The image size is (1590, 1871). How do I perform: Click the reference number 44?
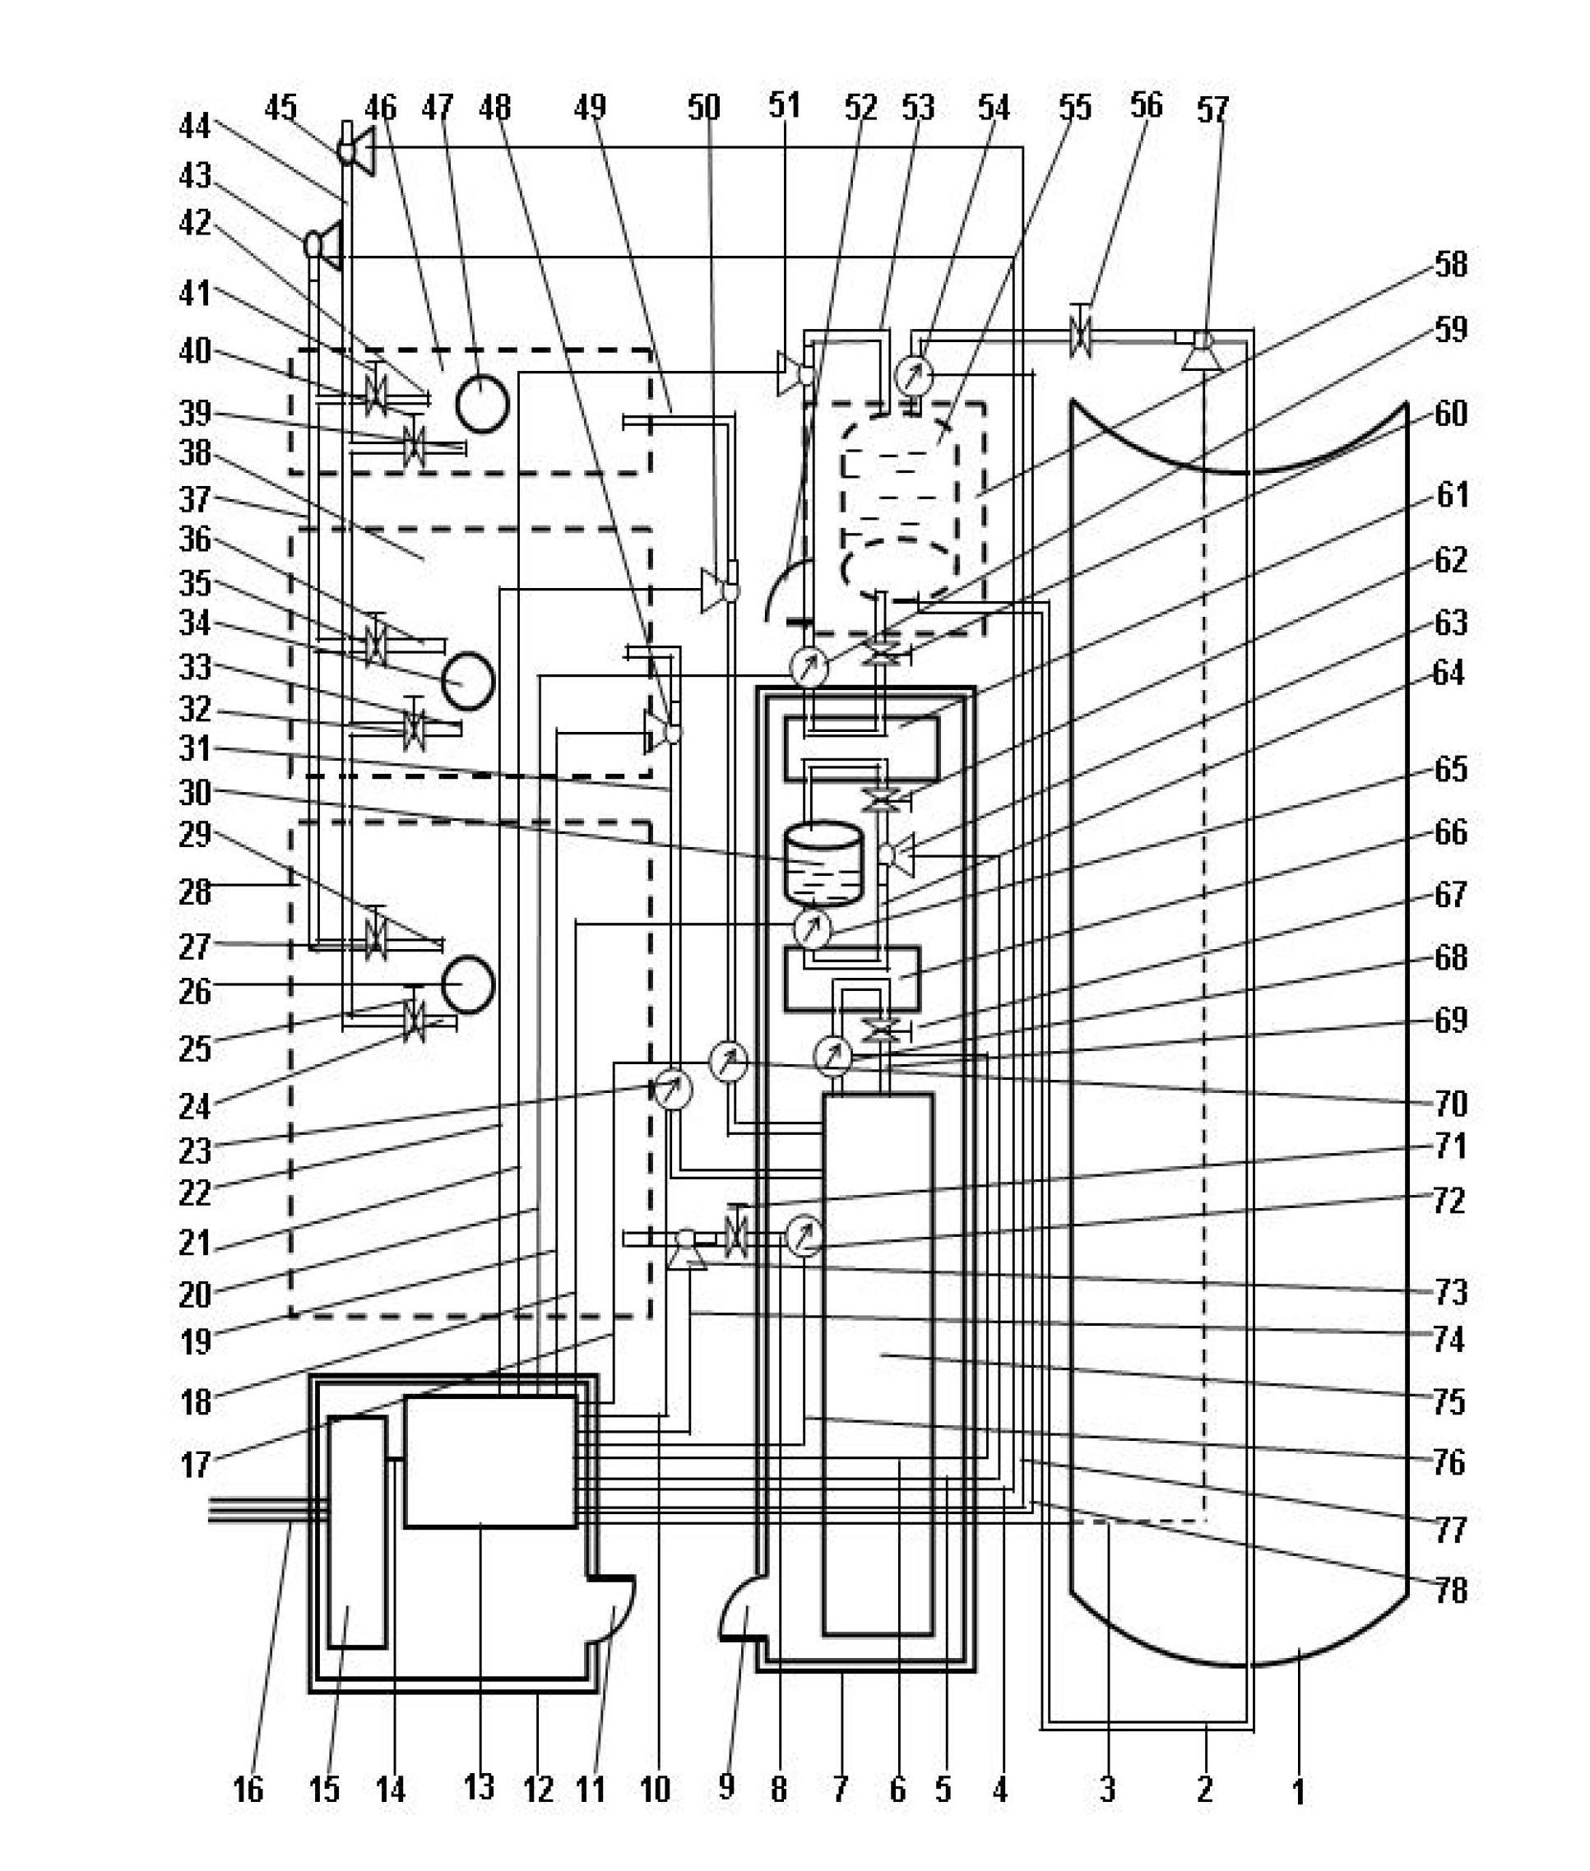195,125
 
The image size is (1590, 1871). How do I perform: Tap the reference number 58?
1450,265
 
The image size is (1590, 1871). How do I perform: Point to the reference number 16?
248,1788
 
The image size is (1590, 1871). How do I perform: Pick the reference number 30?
196,793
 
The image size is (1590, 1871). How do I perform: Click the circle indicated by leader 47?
482,405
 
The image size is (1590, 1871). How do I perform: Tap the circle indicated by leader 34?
468,681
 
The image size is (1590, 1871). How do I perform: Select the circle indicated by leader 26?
468,985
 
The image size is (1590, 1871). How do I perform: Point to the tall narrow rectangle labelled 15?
358,1532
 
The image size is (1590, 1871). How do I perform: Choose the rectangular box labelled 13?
490,1461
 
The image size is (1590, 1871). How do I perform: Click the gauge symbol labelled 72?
804,1237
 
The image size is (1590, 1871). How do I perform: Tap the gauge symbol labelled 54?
915,374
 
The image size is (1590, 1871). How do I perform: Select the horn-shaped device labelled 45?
356,150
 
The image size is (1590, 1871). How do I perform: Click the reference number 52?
860,109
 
